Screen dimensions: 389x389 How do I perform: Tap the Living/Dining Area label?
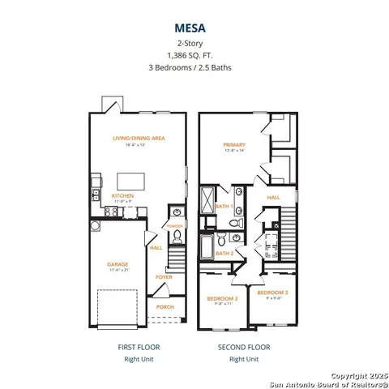139,139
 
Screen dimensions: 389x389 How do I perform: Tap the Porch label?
165,307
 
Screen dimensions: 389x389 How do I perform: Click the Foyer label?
165,276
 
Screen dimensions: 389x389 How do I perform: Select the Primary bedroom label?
234,145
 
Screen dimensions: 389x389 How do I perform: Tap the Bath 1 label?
224,207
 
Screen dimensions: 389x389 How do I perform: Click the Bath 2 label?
224,253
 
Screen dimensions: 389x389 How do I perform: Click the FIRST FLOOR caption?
139,346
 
